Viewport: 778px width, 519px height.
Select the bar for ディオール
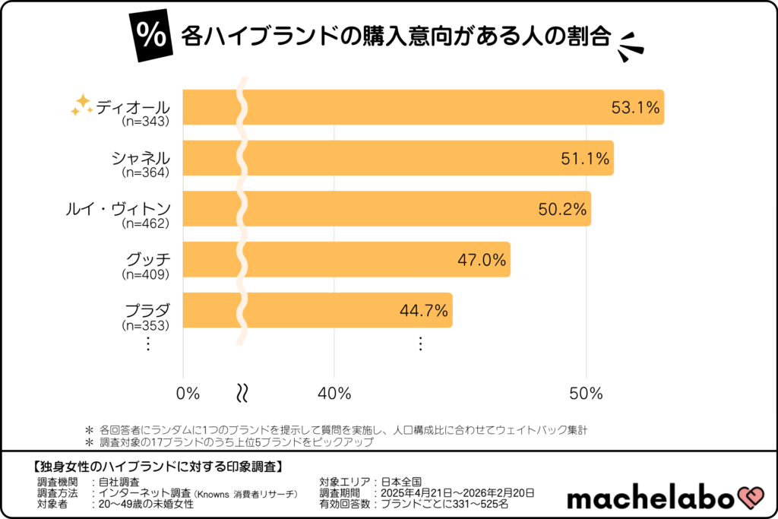(x=425, y=107)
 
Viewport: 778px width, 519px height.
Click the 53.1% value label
(x=635, y=108)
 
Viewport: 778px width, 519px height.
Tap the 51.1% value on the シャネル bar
(x=585, y=158)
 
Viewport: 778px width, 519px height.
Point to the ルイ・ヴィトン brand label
(x=117, y=209)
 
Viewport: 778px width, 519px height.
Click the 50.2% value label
(x=562, y=209)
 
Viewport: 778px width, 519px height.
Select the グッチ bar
(x=349, y=259)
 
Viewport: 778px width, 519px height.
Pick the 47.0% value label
(x=481, y=260)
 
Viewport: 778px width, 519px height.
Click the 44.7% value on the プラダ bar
(x=424, y=310)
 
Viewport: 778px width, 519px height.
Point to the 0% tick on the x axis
(x=188, y=394)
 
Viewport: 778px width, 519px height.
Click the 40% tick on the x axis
(x=334, y=394)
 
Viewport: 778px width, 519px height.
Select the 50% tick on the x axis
(x=586, y=394)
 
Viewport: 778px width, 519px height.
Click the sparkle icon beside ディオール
(x=81, y=106)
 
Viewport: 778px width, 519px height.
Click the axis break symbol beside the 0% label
(x=243, y=393)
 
